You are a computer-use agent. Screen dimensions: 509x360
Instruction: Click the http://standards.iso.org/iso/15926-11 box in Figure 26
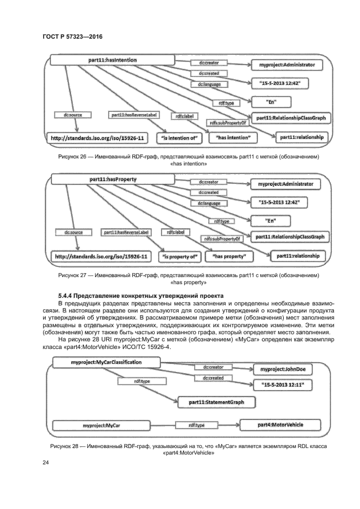[98, 138]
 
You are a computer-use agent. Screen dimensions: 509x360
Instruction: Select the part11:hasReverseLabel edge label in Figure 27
[130, 232]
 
